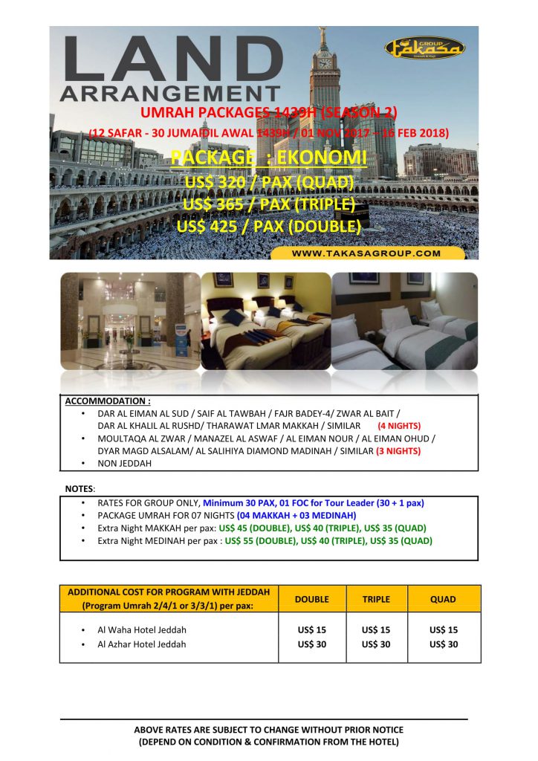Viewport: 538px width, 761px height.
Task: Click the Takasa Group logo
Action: [425, 49]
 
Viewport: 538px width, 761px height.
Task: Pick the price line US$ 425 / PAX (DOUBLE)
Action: [268, 225]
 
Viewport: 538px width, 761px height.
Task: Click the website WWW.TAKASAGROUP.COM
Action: [366, 253]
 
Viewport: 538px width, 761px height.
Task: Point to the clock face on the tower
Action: [325, 63]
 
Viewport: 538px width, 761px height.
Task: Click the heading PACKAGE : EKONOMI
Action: [268, 158]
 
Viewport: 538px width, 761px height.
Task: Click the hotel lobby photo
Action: [129, 320]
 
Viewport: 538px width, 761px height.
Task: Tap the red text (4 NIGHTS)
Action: [400, 426]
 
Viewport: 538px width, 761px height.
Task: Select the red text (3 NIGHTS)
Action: [399, 450]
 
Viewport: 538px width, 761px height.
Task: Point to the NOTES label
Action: [80, 489]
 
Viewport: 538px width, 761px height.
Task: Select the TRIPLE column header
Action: [376, 598]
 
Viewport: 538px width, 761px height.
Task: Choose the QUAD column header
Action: [444, 598]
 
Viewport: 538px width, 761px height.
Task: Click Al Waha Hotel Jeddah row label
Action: [142, 629]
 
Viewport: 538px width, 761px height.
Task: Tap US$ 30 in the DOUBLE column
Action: [312, 644]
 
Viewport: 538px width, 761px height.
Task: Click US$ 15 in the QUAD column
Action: [444, 629]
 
